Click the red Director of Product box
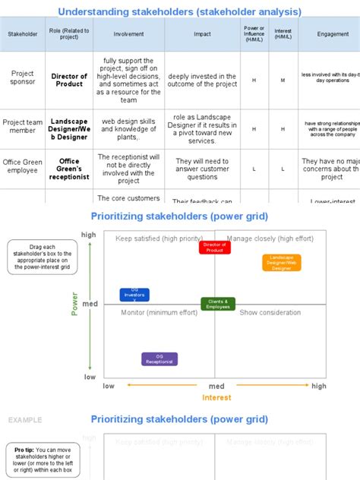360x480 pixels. click(x=214, y=247)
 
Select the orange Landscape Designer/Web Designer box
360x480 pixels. click(x=282, y=263)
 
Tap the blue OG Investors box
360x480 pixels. click(x=134, y=295)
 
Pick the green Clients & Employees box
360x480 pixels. click(x=218, y=304)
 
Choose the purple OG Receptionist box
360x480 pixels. click(x=159, y=359)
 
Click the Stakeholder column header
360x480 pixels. click(x=22, y=34)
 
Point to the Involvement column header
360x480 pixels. click(x=128, y=34)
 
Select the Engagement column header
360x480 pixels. click(x=333, y=34)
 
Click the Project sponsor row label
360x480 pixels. click(x=22, y=78)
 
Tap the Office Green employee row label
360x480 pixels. click(x=22, y=165)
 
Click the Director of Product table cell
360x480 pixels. click(x=69, y=79)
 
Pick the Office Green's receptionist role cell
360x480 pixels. click(x=69, y=169)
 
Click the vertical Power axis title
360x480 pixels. click(x=75, y=304)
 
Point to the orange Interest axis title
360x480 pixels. click(x=216, y=397)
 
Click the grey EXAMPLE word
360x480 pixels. click(x=25, y=420)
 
